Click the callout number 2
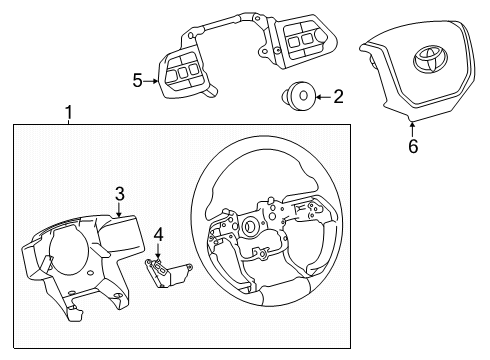point(337,97)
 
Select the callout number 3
point(118,193)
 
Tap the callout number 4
point(158,235)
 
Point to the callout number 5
point(139,81)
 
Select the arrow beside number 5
point(153,81)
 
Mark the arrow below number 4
point(158,253)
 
